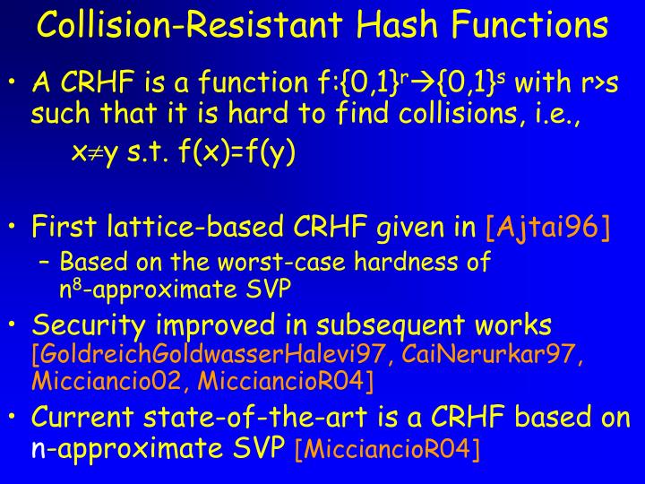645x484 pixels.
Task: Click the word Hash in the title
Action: [394, 24]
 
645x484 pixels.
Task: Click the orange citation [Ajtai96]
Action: [547, 228]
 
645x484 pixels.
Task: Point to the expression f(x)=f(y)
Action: [236, 152]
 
